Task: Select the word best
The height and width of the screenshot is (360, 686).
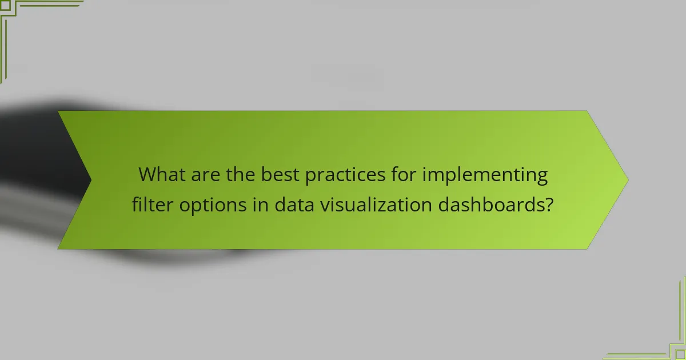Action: pos(280,175)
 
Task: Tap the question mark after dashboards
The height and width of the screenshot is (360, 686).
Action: pos(549,204)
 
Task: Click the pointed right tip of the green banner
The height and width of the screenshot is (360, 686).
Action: pos(627,179)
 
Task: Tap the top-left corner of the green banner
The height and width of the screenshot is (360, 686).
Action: pos(59,111)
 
